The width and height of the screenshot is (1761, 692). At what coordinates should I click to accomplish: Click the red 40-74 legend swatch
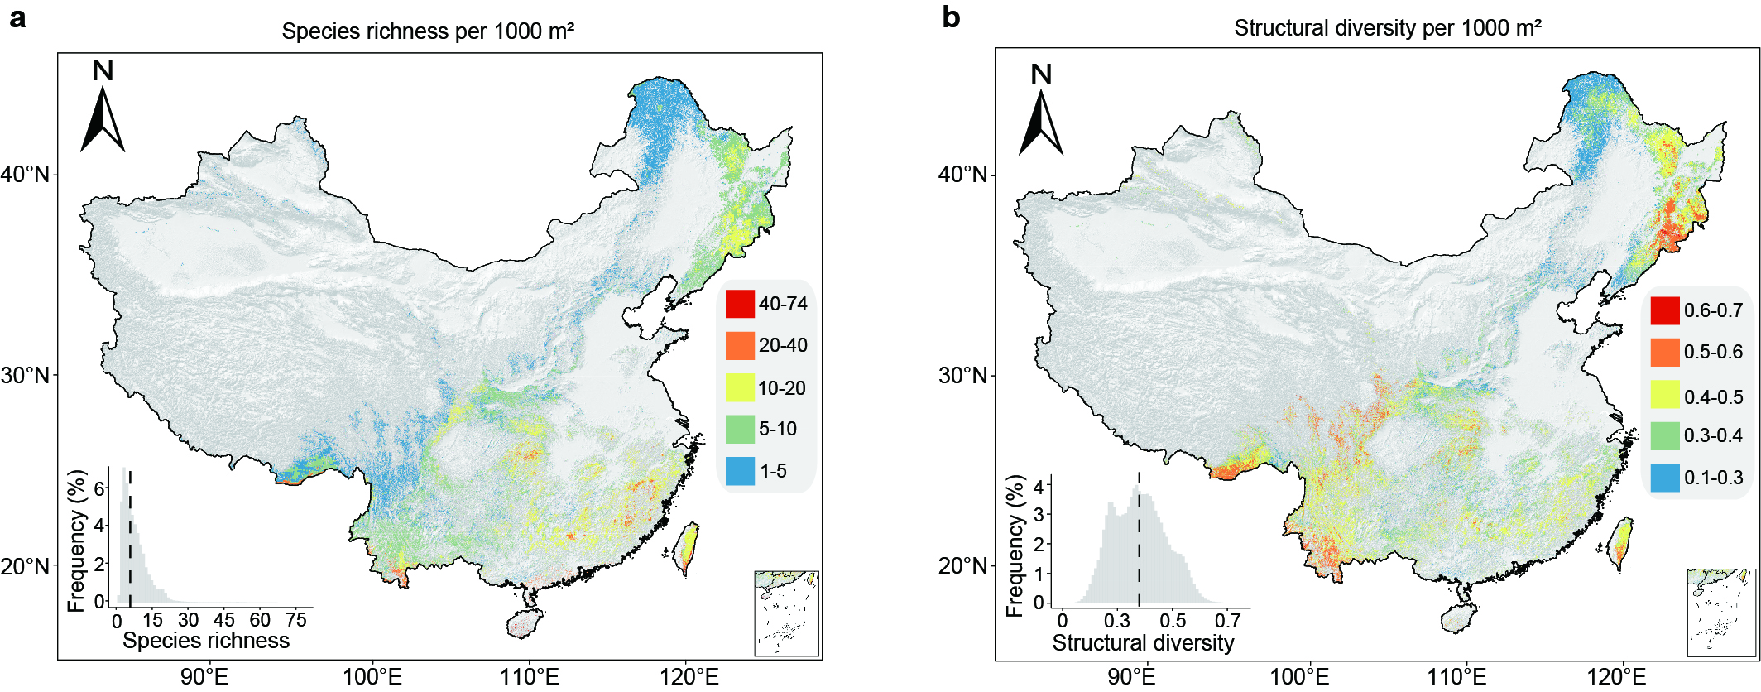coord(740,304)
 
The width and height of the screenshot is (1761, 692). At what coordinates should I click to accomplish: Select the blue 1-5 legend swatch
coord(740,471)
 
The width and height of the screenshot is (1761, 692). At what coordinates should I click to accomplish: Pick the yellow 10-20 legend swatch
coord(740,387)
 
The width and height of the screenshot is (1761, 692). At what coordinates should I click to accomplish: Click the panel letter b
coord(951,17)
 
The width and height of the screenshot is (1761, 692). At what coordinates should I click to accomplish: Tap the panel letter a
coord(17,17)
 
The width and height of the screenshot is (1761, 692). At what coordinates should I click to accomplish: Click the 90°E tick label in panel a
coord(204,676)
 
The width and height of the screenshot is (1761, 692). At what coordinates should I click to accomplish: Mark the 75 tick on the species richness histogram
coord(296,620)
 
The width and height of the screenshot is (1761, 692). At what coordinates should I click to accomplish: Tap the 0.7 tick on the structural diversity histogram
coord(1228,621)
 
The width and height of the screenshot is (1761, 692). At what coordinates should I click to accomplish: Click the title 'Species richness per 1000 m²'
coord(428,31)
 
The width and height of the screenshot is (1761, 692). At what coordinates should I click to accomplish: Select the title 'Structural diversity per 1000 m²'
coord(1388,28)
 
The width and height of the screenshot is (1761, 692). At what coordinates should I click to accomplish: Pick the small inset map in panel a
coord(787,613)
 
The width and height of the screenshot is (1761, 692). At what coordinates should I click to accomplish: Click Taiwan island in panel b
coord(1622,542)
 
